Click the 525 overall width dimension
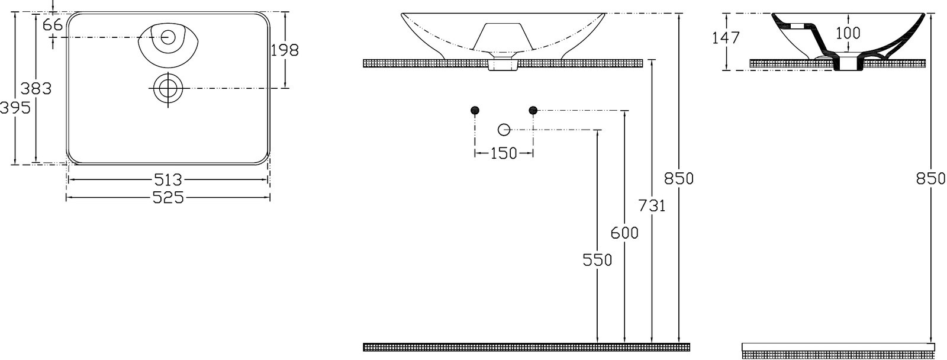(168, 198)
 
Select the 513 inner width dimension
(168, 180)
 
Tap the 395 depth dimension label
(15, 108)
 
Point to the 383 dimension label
(36, 89)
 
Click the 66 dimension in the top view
(53, 25)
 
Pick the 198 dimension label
(285, 50)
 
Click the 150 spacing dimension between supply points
(504, 153)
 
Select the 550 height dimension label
(597, 260)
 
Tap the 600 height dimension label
(624, 233)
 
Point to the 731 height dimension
(652, 206)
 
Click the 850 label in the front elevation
(678, 179)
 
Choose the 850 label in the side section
(930, 179)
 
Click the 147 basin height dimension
(726, 38)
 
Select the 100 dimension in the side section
(848, 33)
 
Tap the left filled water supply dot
(475, 110)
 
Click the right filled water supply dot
(533, 110)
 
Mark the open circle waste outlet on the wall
(504, 130)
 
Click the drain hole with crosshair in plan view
(168, 88)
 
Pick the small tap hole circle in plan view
(168, 37)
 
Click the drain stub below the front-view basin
(503, 65)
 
